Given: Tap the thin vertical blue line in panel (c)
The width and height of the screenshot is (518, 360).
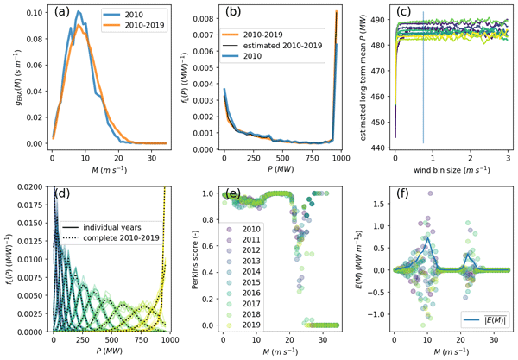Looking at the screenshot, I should pyautogui.click(x=423, y=86).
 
